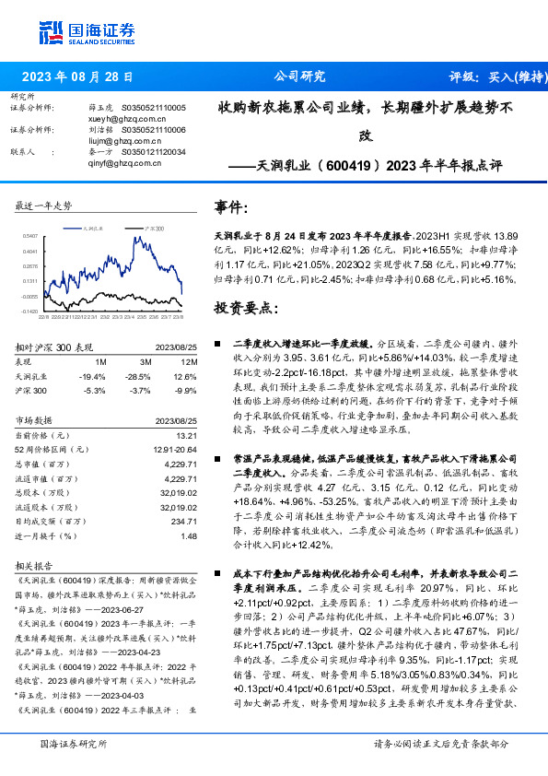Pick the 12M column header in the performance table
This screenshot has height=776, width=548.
[x=190, y=363]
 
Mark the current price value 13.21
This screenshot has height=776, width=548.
[x=187, y=435]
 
